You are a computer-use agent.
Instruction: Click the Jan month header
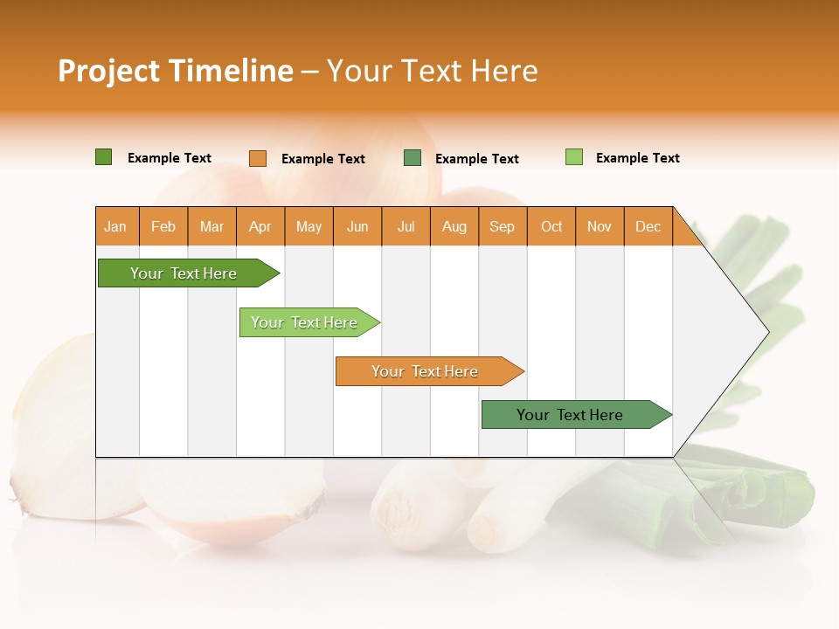point(115,227)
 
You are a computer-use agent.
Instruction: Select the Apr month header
point(260,227)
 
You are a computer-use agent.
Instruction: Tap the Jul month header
point(406,227)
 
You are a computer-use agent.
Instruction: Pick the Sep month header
point(502,227)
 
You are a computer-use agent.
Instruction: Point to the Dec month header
point(648,227)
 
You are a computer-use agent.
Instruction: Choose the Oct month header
point(551,227)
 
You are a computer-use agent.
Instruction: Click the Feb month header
point(163,227)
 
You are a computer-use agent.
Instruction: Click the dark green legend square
point(103,157)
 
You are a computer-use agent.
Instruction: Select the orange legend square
point(257,158)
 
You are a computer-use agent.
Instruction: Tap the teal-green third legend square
point(412,158)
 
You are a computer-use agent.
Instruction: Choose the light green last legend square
point(573,157)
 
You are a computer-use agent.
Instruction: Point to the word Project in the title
point(108,71)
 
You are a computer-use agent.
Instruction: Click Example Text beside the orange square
point(322,159)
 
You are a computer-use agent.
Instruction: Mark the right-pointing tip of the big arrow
point(766,332)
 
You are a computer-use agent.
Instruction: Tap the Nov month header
point(599,227)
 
